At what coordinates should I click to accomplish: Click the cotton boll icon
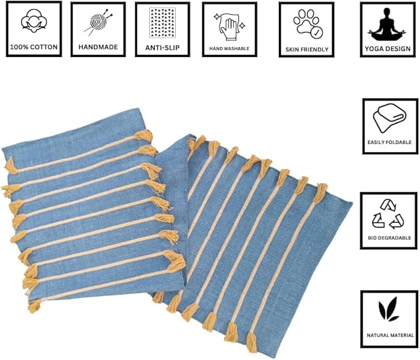tap(34, 21)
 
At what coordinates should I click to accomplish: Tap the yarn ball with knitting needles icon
tap(98, 22)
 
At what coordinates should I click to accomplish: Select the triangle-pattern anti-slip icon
tap(162, 23)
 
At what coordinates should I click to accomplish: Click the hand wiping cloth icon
tap(229, 27)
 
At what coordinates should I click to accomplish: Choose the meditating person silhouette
tap(387, 25)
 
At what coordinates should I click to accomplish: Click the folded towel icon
tap(390, 118)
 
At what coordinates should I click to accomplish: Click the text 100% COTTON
tap(34, 47)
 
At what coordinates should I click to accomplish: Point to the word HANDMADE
tap(98, 47)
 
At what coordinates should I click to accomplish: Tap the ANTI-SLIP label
tap(162, 48)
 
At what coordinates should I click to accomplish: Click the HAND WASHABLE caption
tap(229, 48)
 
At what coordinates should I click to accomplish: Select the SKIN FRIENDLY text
tap(307, 49)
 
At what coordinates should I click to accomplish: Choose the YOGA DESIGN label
tap(388, 49)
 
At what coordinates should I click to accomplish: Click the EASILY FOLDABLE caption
tap(390, 142)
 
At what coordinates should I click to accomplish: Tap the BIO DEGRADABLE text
tap(390, 238)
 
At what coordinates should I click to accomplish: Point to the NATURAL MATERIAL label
tap(390, 335)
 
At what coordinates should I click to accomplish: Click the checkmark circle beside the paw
tap(317, 33)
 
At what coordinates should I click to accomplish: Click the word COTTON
tap(44, 47)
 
